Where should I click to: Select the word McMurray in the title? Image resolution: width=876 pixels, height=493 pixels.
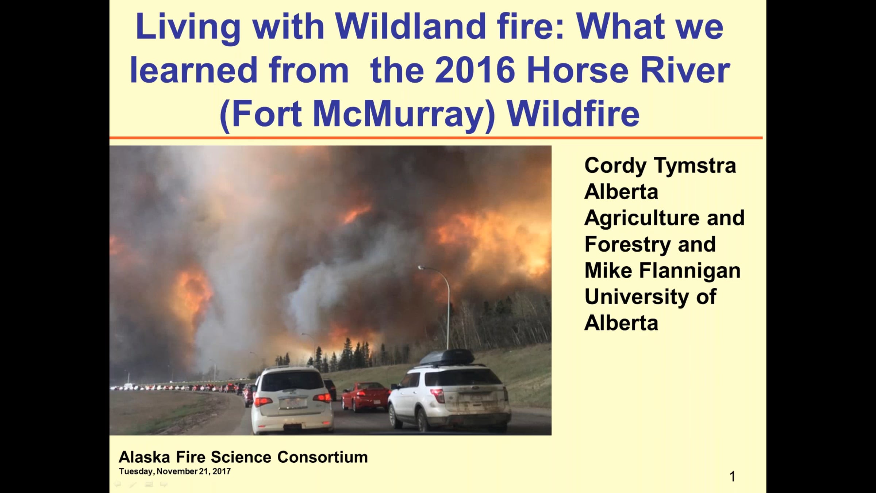click(404, 114)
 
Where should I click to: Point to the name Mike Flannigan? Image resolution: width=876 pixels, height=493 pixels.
click(662, 271)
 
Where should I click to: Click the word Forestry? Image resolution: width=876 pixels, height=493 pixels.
click(628, 245)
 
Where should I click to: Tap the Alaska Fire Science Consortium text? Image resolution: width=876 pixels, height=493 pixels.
click(243, 457)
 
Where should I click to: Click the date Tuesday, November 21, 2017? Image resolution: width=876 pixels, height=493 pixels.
click(175, 471)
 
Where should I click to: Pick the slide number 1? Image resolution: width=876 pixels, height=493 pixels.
click(732, 477)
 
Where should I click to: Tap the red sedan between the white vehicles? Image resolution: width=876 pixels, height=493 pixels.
click(365, 397)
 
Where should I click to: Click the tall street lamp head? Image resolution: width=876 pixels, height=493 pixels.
click(421, 268)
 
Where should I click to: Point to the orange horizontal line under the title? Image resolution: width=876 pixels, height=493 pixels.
click(436, 138)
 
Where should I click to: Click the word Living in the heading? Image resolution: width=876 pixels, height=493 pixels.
click(188, 28)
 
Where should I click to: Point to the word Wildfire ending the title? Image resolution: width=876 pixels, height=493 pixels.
click(573, 114)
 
